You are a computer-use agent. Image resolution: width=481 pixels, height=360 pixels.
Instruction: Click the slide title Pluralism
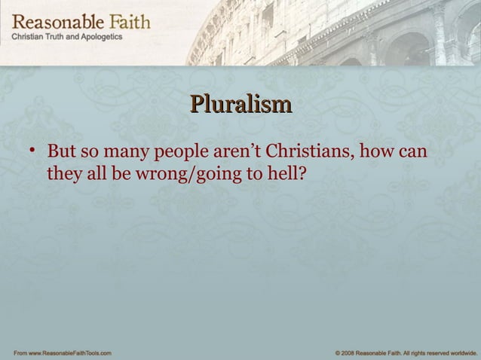click(240, 103)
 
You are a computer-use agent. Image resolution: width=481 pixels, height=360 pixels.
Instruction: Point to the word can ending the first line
click(415, 154)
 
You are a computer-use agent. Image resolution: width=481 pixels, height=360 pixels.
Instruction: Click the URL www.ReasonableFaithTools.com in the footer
click(69, 352)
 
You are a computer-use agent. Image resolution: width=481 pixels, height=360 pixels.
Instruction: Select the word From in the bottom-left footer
click(14, 352)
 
